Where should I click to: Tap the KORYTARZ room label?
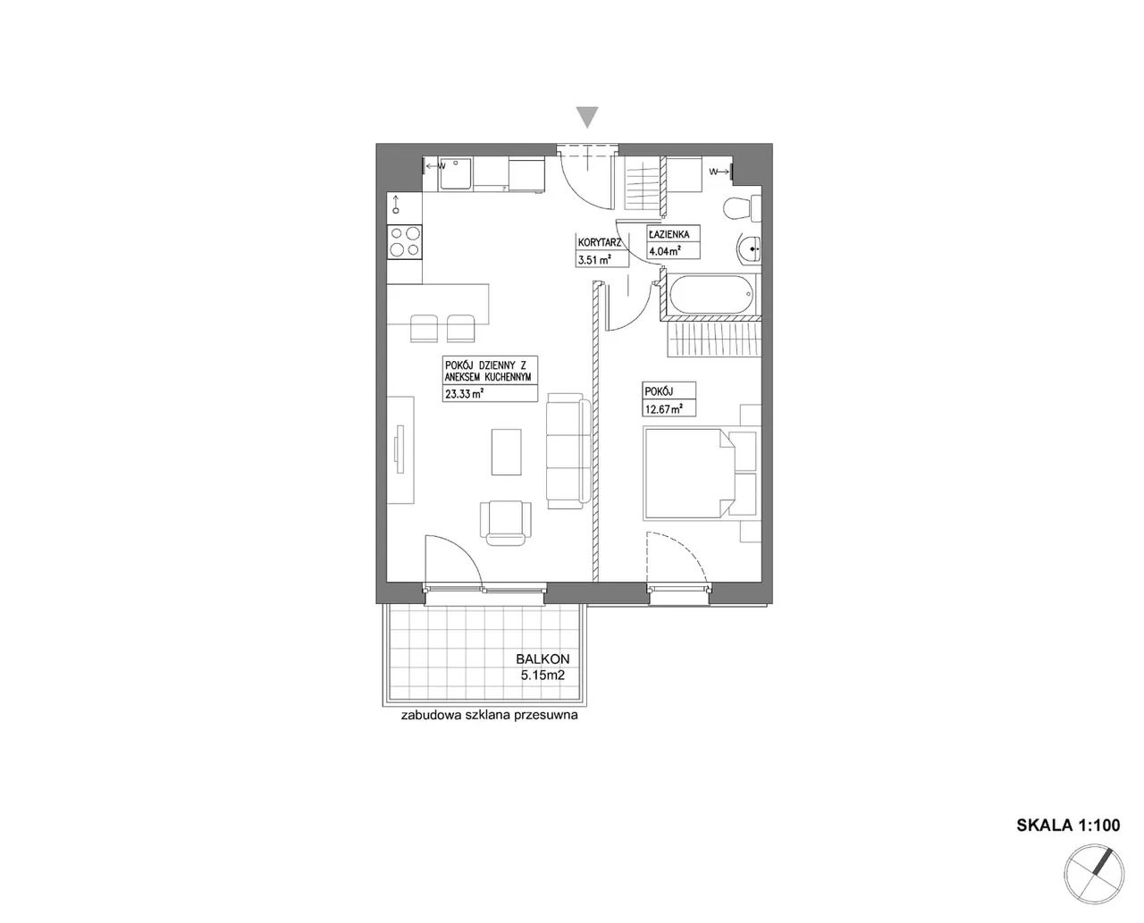[600, 243]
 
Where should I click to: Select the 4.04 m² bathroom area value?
[665, 251]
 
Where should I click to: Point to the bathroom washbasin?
[749, 249]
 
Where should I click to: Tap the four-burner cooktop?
[405, 241]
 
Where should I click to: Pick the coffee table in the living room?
[506, 451]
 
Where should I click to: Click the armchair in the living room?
[505, 523]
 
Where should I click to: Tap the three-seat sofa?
[568, 451]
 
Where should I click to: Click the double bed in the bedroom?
[699, 473]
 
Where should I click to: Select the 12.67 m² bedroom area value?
[664, 409]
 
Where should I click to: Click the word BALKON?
[543, 659]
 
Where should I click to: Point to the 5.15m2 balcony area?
[543, 675]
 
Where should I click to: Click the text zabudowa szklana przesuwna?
[489, 715]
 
